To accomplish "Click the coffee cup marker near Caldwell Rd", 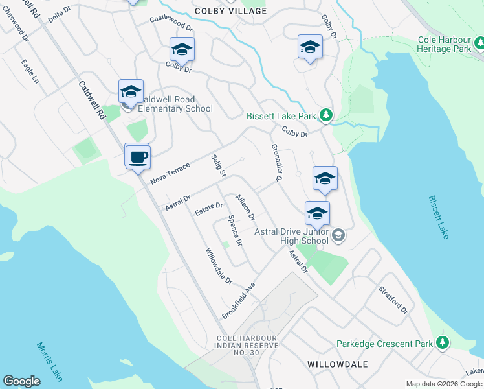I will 138,157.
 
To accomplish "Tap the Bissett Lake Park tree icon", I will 326,116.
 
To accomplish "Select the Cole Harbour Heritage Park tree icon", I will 479,43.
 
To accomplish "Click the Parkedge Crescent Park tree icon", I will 443,342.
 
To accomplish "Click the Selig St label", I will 218,166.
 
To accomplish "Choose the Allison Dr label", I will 245,207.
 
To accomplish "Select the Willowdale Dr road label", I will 219,266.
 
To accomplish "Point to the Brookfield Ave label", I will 239,300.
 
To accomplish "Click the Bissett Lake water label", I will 438,217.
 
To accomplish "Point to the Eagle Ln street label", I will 30,72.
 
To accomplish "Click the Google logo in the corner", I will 21,381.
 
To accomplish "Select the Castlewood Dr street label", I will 171,24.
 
